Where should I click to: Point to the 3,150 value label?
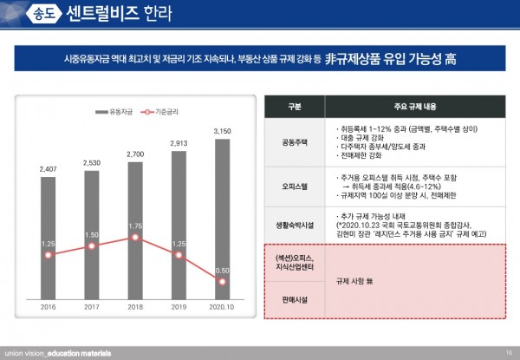(222, 131)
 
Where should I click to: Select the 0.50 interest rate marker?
(222, 281)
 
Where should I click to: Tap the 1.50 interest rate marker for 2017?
(92, 245)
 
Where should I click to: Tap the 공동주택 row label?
(296, 141)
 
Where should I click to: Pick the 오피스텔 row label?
(296, 186)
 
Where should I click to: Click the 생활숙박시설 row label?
(296, 224)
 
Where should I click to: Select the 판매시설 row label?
(296, 299)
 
